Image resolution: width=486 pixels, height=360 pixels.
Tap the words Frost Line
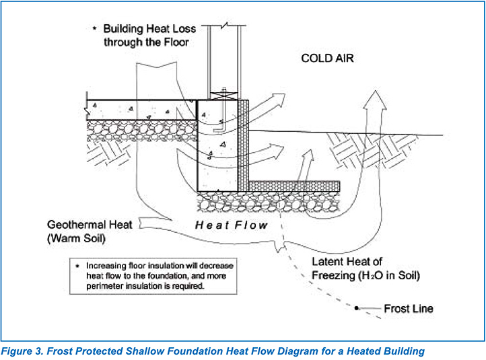click(408, 309)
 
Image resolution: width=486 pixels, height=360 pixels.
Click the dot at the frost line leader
click(356, 308)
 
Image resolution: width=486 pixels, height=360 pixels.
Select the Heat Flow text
click(232, 225)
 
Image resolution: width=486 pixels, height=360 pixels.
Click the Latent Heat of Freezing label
click(366, 268)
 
